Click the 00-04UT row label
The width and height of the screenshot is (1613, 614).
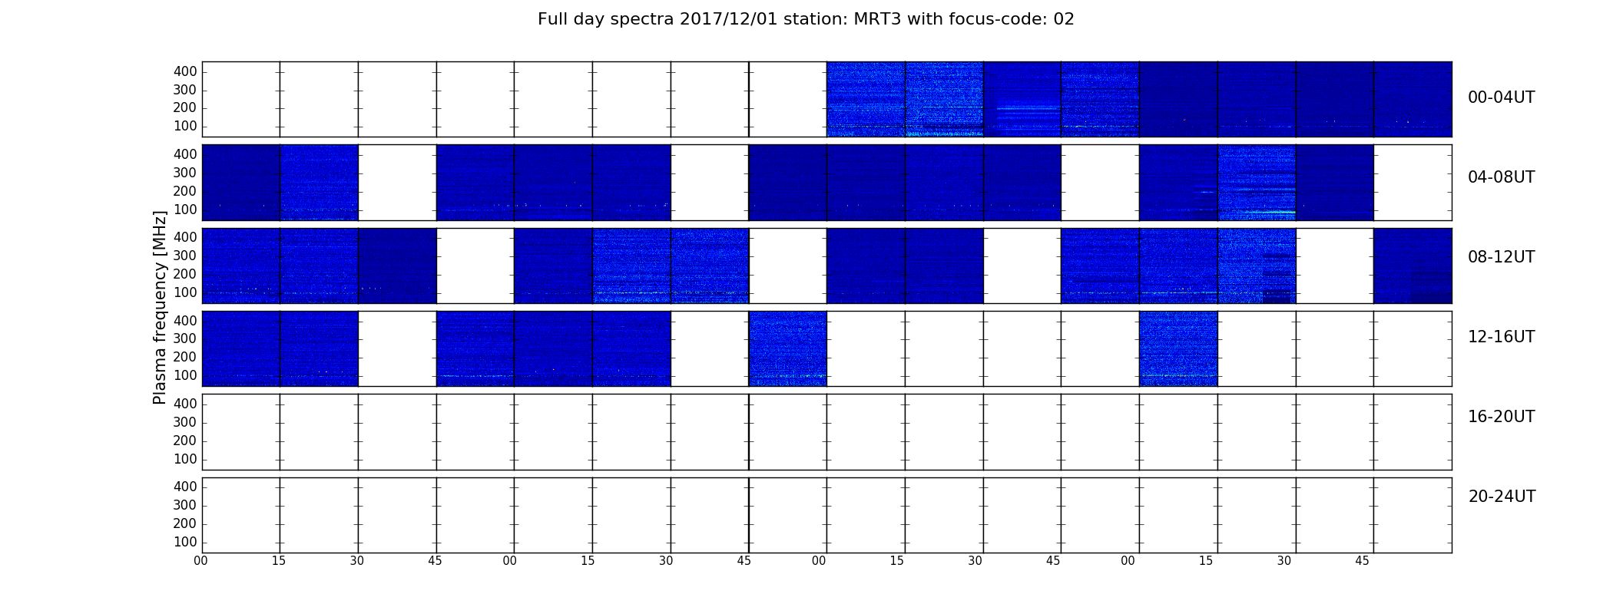click(1502, 97)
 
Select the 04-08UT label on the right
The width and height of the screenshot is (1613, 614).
click(1502, 177)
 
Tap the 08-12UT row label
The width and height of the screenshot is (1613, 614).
click(1502, 257)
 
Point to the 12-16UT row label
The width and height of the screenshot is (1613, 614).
click(1502, 337)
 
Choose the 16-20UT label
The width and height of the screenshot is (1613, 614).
click(1502, 417)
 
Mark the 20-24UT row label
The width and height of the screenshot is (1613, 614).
click(1502, 497)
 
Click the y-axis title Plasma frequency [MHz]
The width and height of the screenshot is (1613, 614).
click(160, 307)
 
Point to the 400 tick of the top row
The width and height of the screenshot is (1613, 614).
click(185, 71)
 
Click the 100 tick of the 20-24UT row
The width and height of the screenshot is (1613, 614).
click(185, 542)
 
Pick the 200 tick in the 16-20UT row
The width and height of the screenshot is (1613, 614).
click(185, 441)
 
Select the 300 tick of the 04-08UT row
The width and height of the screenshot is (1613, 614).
click(185, 173)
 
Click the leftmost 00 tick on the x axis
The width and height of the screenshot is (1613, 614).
click(200, 561)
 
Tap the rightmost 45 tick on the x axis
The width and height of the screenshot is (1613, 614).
click(1362, 561)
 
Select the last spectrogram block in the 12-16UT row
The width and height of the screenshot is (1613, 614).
click(1178, 348)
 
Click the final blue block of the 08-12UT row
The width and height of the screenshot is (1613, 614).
click(1413, 266)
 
